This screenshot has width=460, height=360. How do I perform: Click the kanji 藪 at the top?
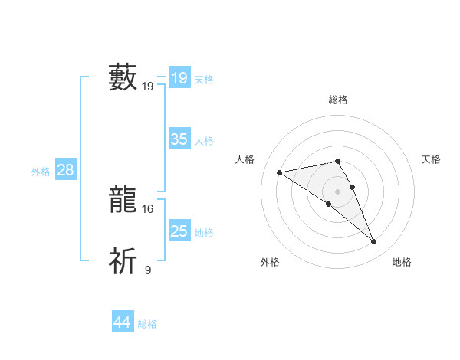click(x=123, y=77)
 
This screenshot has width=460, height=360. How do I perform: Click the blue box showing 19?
click(x=179, y=78)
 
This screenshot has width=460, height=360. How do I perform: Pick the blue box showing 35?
click(x=179, y=139)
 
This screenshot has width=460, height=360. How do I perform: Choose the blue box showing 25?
click(x=179, y=231)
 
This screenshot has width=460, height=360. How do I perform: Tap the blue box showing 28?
click(x=65, y=170)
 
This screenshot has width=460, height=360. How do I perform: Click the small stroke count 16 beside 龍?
click(x=148, y=208)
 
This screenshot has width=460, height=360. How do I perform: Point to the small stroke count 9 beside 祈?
click(x=148, y=270)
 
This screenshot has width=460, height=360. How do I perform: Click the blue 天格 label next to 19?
click(x=204, y=80)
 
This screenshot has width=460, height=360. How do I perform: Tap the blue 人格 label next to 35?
click(x=204, y=141)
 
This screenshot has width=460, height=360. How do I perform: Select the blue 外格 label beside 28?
click(x=41, y=172)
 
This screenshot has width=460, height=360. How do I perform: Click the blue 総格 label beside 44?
click(x=147, y=325)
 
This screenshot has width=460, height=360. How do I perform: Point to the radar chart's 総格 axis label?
click(x=337, y=100)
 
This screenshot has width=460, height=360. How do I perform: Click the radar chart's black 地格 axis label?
click(x=402, y=263)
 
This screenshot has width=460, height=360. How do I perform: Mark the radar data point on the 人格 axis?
click(x=280, y=172)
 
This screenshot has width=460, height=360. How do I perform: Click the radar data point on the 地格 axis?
click(x=374, y=242)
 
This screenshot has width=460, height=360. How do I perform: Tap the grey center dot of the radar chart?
click(x=337, y=191)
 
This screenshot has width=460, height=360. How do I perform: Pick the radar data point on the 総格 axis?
click(x=337, y=161)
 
